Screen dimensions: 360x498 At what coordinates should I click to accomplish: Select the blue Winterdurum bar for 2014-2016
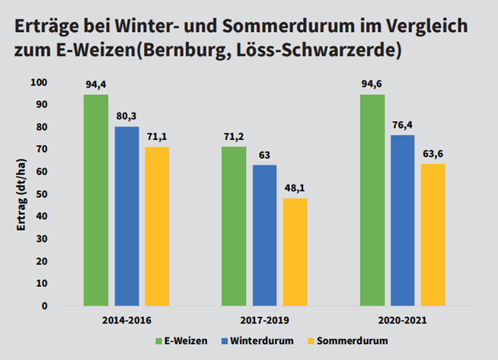click(x=126, y=216)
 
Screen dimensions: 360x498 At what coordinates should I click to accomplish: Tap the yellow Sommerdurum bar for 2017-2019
click(x=295, y=252)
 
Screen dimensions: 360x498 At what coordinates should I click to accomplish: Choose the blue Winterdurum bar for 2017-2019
click(x=265, y=235)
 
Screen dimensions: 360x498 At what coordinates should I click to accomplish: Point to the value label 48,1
click(x=295, y=190)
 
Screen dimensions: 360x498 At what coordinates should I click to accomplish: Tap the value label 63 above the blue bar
click(x=265, y=156)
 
